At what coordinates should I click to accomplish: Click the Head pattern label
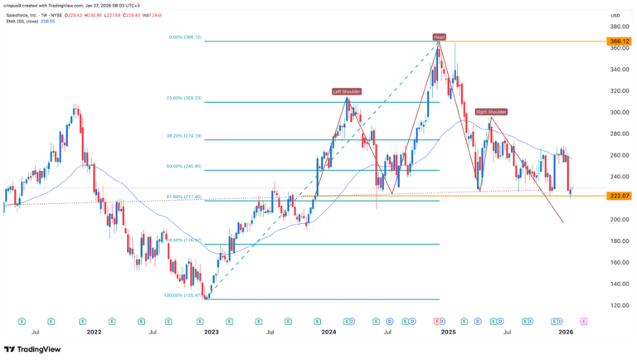tap(437, 36)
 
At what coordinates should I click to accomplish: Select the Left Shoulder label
tap(348, 91)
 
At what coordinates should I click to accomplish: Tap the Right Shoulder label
tap(491, 111)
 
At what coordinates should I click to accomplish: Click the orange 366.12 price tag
tap(615, 40)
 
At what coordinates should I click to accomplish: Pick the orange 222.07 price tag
tap(615, 196)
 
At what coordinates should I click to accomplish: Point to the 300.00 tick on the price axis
tap(615, 112)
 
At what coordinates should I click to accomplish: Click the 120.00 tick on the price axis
tap(615, 305)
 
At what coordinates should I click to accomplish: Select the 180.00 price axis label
tap(615, 241)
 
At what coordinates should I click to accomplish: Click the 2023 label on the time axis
tap(212, 331)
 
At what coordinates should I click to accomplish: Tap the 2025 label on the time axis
tap(448, 331)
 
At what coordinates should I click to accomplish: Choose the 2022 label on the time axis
tap(93, 331)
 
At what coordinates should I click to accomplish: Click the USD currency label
tap(615, 16)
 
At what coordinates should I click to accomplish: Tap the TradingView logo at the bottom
tap(33, 349)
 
